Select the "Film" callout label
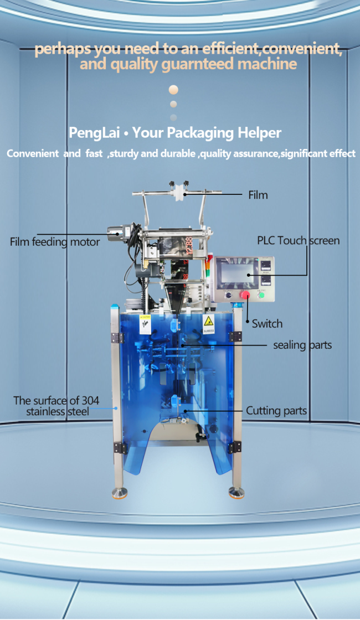click(258, 195)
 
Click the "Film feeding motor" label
click(55, 242)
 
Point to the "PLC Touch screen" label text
click(298, 240)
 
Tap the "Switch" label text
click(267, 324)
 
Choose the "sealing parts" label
click(302, 345)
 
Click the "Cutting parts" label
click(276, 411)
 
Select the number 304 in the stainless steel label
click(89, 400)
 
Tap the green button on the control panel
click(261, 295)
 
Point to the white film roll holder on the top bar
click(178, 192)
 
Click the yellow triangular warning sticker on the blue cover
click(209, 322)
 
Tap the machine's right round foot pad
click(236, 492)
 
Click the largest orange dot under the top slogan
click(173, 90)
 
